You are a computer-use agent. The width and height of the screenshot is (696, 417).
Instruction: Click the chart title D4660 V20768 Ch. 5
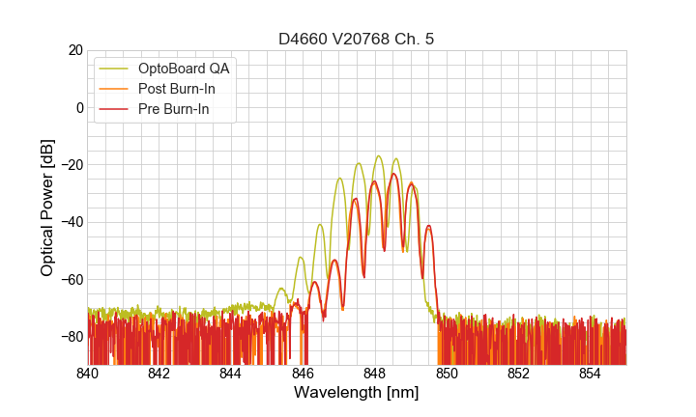click(x=357, y=39)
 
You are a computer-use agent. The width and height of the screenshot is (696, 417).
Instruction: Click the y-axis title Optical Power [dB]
click(x=47, y=208)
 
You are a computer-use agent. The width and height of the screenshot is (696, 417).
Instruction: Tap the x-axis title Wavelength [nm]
click(x=357, y=393)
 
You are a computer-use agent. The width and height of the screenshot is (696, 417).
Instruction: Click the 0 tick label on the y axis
click(x=79, y=107)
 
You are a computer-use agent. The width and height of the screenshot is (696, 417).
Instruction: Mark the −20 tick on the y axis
click(x=72, y=164)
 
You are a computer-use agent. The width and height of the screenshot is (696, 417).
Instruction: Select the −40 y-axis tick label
click(x=72, y=222)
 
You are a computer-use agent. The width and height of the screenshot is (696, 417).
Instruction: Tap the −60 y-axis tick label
click(x=72, y=279)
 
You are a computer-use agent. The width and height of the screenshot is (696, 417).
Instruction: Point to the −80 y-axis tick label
click(x=72, y=336)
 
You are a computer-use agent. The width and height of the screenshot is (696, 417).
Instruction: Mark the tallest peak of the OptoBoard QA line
click(x=379, y=156)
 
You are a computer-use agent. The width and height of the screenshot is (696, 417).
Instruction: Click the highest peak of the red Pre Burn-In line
click(x=394, y=174)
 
